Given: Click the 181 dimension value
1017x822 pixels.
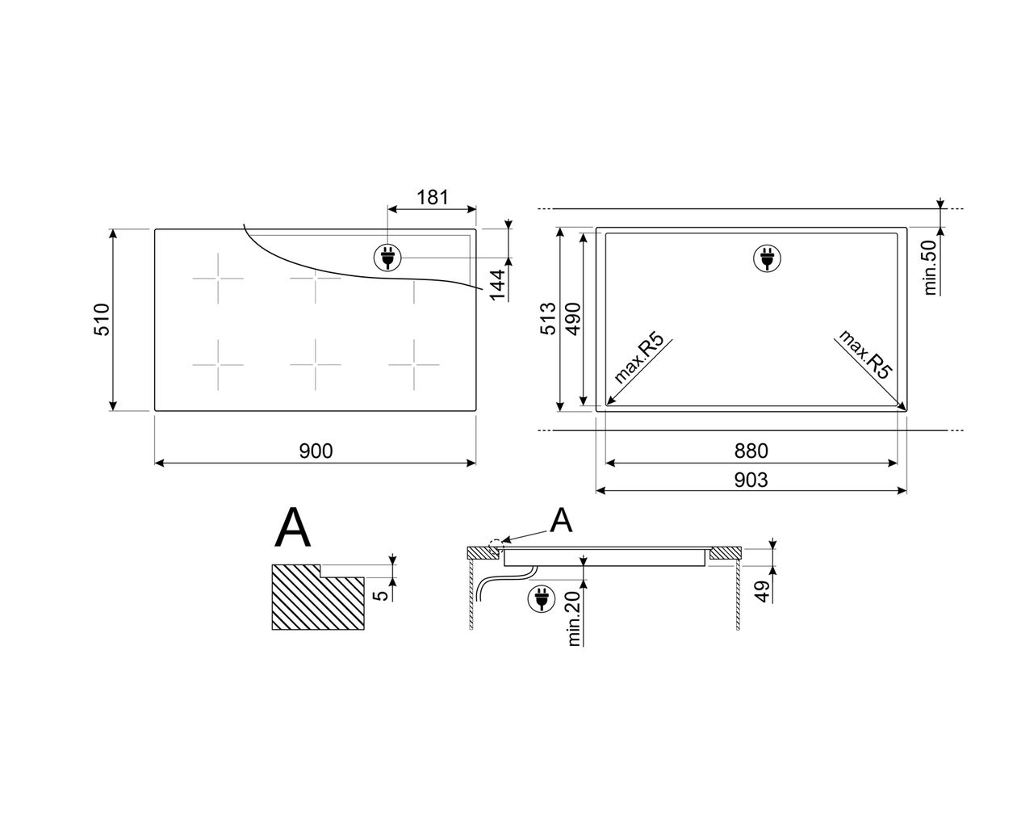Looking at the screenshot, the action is [x=432, y=197].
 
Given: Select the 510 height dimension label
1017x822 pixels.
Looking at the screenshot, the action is [x=102, y=319].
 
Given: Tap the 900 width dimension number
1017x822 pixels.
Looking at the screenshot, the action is [x=316, y=451].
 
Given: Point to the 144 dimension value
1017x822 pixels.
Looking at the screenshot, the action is [x=497, y=285].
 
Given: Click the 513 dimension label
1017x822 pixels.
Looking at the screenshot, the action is [x=548, y=319].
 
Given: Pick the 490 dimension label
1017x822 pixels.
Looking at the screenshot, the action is [x=572, y=319].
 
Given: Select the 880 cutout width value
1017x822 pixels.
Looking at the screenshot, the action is [x=751, y=451].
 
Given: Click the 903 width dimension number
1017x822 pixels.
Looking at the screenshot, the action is [x=751, y=480].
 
